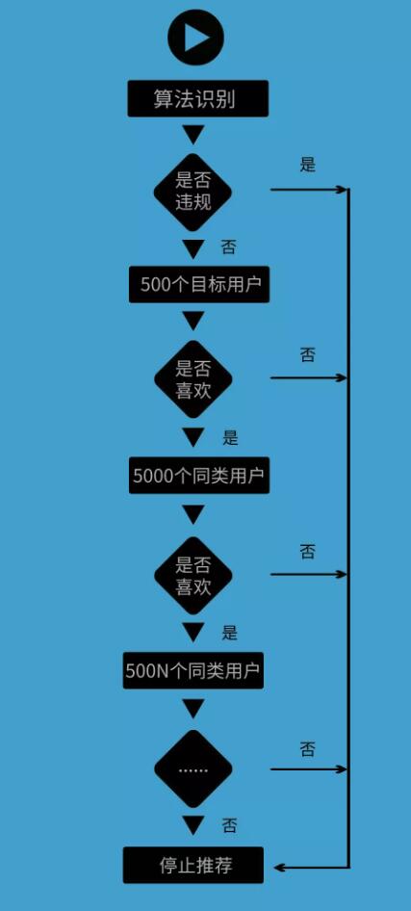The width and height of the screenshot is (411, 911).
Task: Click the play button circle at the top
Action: (x=195, y=39)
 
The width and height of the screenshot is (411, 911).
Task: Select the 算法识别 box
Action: (x=198, y=99)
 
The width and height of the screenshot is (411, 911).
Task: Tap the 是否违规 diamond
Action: (x=193, y=193)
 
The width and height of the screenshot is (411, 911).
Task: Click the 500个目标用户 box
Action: (x=199, y=285)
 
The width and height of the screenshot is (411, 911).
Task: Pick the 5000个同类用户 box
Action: (x=199, y=476)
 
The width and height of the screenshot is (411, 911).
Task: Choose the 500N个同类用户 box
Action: (x=193, y=670)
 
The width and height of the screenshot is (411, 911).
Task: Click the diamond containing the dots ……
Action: (x=193, y=769)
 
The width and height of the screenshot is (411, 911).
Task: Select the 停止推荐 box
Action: (x=193, y=865)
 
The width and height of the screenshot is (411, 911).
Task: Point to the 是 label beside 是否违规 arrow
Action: (x=308, y=165)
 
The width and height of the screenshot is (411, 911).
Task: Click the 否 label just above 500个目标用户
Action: (x=229, y=247)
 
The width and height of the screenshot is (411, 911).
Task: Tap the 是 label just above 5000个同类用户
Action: (x=230, y=437)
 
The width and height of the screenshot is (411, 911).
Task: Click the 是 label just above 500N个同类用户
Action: (x=229, y=633)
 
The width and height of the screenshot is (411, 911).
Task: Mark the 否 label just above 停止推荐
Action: (x=229, y=825)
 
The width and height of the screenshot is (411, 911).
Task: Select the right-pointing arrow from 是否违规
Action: (x=308, y=190)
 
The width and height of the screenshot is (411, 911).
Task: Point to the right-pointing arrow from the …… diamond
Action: (x=308, y=769)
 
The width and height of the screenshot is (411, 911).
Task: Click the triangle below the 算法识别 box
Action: (x=193, y=135)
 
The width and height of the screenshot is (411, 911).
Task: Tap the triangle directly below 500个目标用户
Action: (x=193, y=321)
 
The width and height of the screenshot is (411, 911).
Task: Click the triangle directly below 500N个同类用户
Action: (x=193, y=708)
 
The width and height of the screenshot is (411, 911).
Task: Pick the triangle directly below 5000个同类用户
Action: (x=193, y=514)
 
